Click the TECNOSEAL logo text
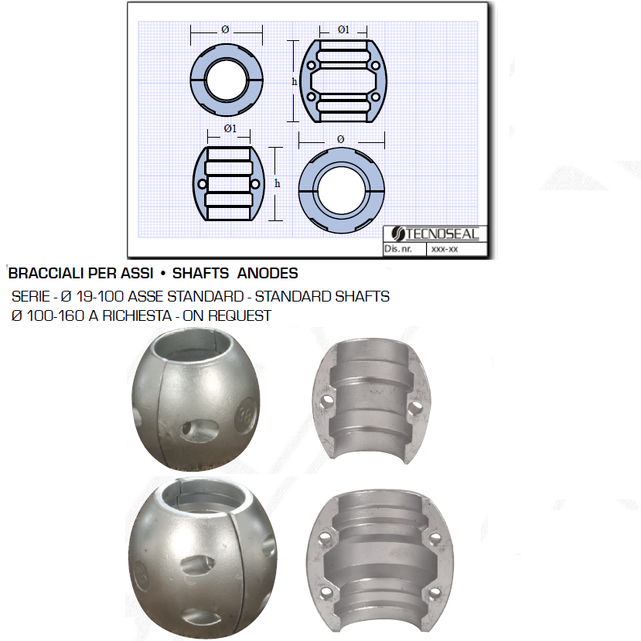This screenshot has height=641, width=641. pos(442,234)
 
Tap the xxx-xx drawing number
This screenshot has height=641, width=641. pos(445,249)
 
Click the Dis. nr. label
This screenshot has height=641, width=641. pos(397,248)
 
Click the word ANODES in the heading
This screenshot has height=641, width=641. pos(268,273)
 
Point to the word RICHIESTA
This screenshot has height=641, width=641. pos(137,315)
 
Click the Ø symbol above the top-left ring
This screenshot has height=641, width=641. pos(225,29)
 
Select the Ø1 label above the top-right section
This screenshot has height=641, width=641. pos(343,29)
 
